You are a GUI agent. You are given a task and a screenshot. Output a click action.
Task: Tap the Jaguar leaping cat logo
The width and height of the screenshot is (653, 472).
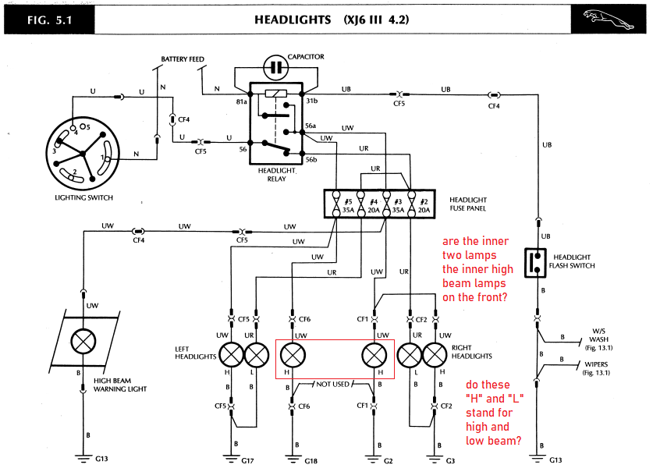pyautogui.click(x=608, y=20)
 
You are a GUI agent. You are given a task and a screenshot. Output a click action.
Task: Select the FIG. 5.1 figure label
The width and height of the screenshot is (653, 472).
pyautogui.click(x=50, y=20)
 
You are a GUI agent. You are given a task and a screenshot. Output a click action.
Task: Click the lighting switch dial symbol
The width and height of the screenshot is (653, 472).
pyautogui.click(x=83, y=154)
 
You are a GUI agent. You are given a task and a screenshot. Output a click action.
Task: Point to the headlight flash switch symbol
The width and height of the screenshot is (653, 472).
pyautogui.click(x=535, y=262)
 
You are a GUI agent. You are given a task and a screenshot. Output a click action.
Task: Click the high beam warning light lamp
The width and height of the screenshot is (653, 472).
pyautogui.click(x=83, y=342)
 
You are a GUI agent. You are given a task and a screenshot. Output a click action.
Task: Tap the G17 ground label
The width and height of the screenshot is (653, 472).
pyautogui.click(x=247, y=461)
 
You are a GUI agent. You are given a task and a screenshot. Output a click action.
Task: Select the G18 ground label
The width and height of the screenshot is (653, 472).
pyautogui.click(x=311, y=461)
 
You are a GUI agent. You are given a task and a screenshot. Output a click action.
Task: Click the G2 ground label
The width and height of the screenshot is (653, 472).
pyautogui.click(x=389, y=461)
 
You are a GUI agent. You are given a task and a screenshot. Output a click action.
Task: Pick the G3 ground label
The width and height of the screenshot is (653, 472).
pyautogui.click(x=450, y=461)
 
